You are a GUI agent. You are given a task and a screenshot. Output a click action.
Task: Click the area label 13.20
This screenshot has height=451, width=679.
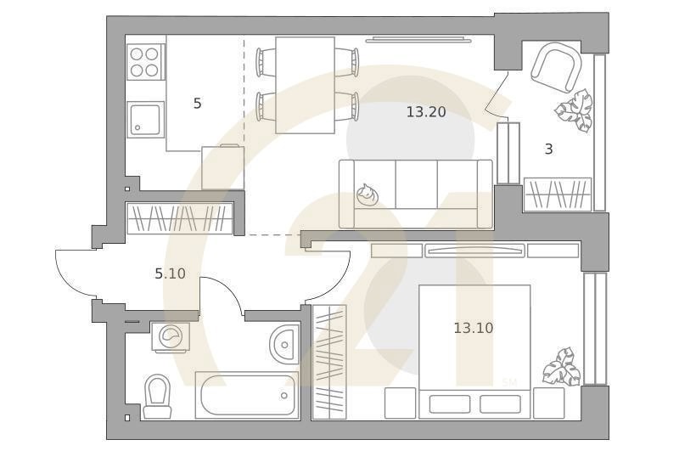(426, 112)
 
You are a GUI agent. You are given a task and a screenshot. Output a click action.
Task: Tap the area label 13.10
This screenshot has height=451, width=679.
(474, 328)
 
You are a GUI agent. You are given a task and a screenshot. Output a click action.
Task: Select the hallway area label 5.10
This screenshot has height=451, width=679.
(171, 273)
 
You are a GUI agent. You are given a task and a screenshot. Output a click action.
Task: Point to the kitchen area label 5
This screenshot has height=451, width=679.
(197, 104)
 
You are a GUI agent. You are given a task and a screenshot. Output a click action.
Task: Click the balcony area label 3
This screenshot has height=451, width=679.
(548, 149)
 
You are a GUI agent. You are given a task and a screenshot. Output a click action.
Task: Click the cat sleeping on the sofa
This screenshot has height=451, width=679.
(368, 194)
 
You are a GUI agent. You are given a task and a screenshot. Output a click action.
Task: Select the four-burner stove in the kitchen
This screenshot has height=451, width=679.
(144, 61)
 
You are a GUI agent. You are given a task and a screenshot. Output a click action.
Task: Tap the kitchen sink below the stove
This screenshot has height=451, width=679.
(145, 119)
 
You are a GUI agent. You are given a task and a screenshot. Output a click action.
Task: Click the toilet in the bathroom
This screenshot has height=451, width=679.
(156, 397)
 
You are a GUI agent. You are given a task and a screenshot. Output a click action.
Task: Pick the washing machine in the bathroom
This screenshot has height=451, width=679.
(172, 335)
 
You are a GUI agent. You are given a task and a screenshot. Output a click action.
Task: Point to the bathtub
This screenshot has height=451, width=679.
(247, 395)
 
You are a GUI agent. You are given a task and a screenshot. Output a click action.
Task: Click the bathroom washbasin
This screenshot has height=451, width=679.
(284, 344)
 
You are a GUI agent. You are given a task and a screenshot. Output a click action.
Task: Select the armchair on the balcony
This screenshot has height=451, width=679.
(556, 68)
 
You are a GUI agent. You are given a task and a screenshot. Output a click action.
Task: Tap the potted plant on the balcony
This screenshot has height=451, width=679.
(574, 110)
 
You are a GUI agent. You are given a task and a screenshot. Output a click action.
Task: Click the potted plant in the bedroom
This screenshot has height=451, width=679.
(563, 367)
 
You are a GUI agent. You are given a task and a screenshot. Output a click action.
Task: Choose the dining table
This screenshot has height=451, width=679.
(306, 85)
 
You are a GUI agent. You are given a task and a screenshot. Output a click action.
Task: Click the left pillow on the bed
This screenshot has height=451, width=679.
(450, 403)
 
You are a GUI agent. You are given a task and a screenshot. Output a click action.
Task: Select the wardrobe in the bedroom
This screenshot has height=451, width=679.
(329, 362)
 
